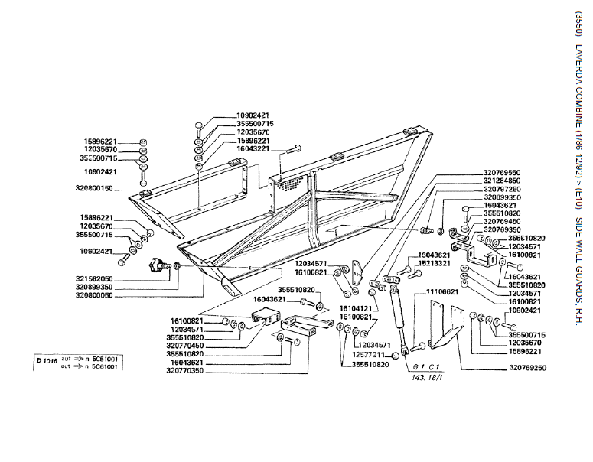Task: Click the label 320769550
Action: point(502,172)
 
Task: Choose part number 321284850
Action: point(502,181)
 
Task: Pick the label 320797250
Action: point(502,189)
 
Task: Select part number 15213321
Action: point(435,263)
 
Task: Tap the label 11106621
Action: point(442,291)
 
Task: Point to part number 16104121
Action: point(356,308)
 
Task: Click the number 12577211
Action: point(369,355)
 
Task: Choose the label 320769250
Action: point(527,368)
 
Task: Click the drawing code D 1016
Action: point(47,359)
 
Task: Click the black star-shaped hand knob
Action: point(158,266)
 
